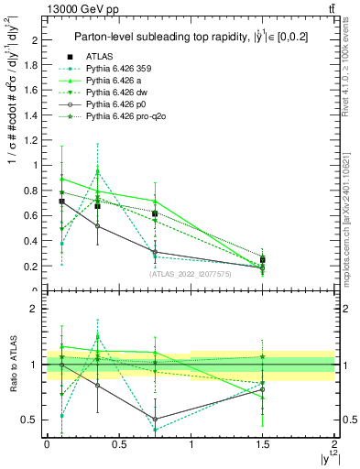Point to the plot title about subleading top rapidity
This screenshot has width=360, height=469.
coord(190,38)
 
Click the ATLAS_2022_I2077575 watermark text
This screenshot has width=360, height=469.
coord(191,274)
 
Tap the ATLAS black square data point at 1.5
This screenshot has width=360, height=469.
coord(263,260)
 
